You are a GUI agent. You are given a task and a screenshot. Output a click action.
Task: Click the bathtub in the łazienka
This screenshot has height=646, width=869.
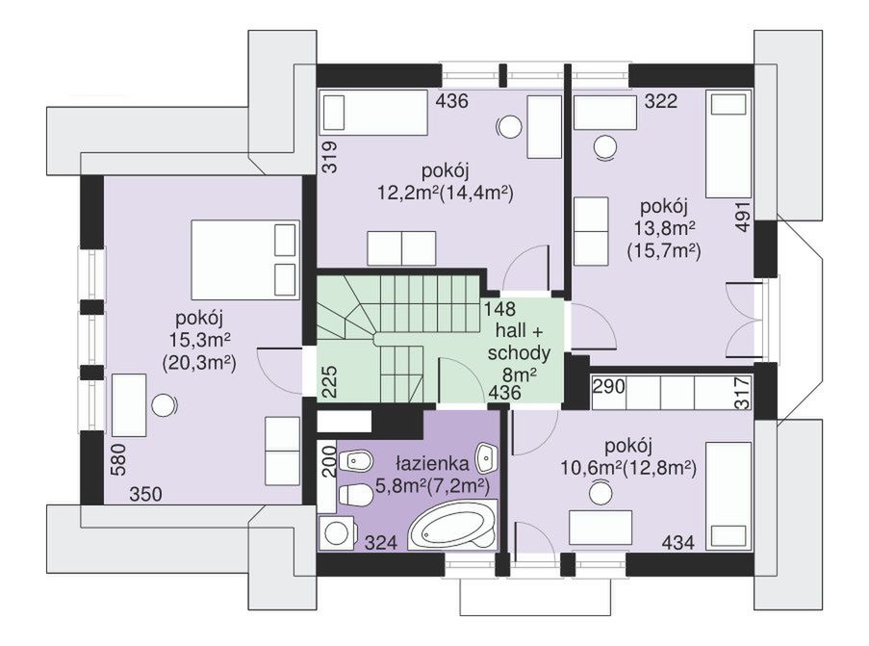(454, 525)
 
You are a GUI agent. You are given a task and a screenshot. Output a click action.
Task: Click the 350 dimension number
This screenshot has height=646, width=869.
(145, 494)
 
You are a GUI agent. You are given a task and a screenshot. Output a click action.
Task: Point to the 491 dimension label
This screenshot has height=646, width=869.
(743, 217)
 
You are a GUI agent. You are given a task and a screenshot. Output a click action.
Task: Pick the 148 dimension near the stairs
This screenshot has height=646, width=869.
(498, 308)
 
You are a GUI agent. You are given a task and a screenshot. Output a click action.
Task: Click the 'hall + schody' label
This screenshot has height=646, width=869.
(520, 342)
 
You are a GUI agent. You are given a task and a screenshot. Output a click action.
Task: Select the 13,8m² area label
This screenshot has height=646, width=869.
(664, 228)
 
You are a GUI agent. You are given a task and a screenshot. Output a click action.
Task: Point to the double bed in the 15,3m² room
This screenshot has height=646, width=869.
(244, 260)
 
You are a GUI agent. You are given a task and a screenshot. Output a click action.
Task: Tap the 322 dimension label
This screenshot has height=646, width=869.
(661, 101)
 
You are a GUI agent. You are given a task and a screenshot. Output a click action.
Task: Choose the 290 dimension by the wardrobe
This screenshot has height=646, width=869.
(609, 386)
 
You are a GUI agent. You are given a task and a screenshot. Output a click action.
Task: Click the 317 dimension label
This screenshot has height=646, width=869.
(742, 392)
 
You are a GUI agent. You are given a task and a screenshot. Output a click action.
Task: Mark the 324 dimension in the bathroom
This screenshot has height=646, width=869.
(381, 542)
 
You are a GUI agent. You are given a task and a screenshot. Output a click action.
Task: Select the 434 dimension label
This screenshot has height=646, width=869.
(678, 542)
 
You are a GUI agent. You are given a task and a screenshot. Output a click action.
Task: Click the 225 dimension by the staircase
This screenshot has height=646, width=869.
(330, 381)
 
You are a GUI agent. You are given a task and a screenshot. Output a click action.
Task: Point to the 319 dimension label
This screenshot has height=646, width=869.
(330, 158)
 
